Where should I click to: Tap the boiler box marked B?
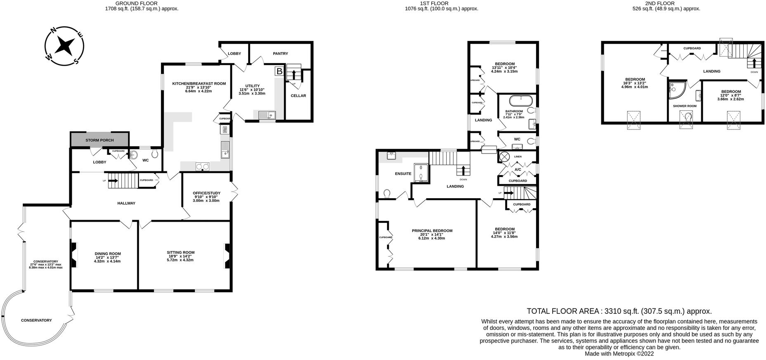click(x=279, y=71)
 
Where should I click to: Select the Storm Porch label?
click(x=99, y=140)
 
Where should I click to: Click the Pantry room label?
click(x=280, y=54)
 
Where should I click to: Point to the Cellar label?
click(x=298, y=96)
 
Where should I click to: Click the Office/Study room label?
click(x=206, y=193)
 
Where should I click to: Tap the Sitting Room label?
click(x=180, y=252)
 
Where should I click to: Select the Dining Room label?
click(x=108, y=253)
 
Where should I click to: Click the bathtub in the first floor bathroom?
click(x=520, y=100)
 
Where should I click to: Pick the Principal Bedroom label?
click(x=432, y=231)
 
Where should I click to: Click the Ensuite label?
click(x=403, y=174)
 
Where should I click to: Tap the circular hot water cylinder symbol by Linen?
click(x=504, y=157)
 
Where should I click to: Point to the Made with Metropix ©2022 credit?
click(x=619, y=354)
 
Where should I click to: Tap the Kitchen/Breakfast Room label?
click(x=199, y=83)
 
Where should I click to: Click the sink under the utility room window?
click(x=266, y=114)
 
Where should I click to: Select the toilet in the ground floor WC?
click(x=155, y=154)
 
